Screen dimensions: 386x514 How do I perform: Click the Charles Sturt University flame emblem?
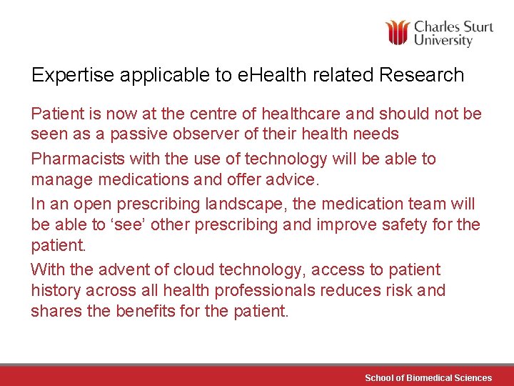(398, 33)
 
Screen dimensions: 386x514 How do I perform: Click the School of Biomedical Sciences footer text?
(428, 377)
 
